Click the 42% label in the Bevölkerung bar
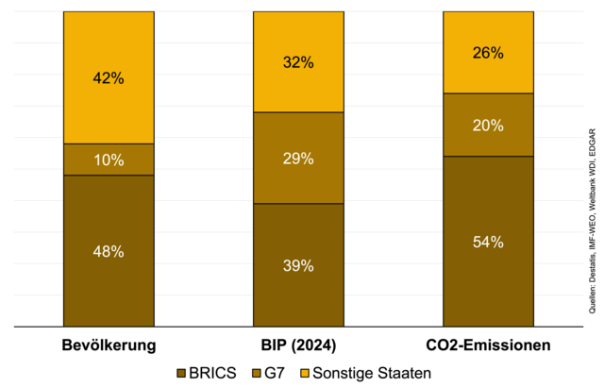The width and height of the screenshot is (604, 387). click(109, 78)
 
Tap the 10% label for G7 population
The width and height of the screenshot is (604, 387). click(109, 160)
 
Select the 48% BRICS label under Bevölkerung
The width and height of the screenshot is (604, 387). click(109, 251)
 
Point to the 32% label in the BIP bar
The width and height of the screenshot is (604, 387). click(298, 62)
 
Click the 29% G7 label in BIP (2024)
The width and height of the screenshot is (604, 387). click(298, 158)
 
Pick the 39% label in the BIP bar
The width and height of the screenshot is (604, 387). click(298, 265)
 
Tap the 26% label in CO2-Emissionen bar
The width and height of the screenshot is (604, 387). click(488, 53)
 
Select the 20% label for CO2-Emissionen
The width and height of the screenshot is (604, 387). click(488, 125)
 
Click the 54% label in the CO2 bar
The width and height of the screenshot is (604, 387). click(488, 242)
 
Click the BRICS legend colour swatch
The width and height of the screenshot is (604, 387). click(181, 373)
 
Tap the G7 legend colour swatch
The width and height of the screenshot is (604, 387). click(258, 373)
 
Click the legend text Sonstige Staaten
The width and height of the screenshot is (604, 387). click(372, 373)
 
